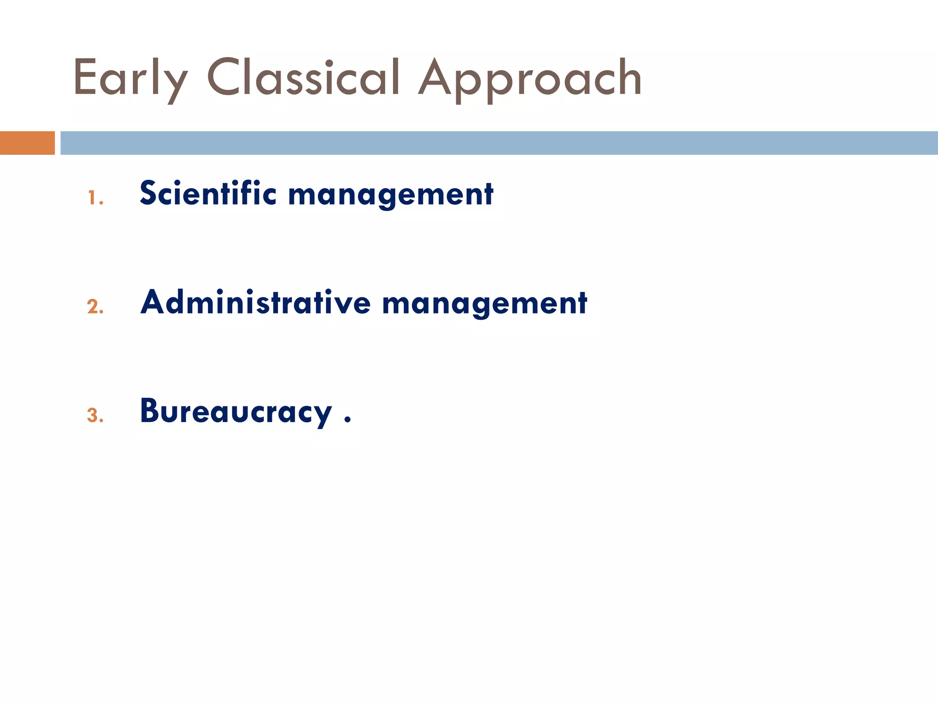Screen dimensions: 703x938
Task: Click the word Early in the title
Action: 130,79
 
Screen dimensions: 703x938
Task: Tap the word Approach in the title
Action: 530,79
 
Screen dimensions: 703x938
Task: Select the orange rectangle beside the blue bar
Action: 27,143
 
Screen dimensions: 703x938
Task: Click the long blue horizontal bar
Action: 499,143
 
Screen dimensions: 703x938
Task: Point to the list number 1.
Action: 94,198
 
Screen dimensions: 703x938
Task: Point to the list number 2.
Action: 95,307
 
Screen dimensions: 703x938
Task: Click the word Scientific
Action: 208,193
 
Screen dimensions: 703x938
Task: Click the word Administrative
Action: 255,303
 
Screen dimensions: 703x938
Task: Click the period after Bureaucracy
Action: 348,419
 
